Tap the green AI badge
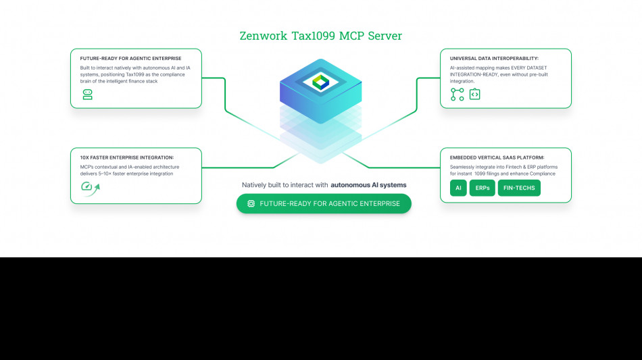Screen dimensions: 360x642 tap(458, 188)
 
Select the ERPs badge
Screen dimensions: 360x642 tap(483, 188)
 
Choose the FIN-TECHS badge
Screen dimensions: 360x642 tap(519, 188)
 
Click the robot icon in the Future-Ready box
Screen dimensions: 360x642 tap(87, 95)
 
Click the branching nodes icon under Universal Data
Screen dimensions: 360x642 tap(458, 95)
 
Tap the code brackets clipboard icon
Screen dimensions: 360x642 tap(475, 95)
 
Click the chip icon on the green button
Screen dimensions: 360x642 tap(251, 203)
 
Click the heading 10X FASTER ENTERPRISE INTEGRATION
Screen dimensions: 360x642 tap(126, 157)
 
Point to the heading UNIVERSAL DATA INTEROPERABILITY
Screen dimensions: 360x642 tap(494, 58)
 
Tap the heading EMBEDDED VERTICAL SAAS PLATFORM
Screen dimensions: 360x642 tap(497, 157)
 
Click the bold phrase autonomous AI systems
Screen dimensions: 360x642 tap(368, 184)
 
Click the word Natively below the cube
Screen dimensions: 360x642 tap(255, 184)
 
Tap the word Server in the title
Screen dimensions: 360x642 tap(385, 36)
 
